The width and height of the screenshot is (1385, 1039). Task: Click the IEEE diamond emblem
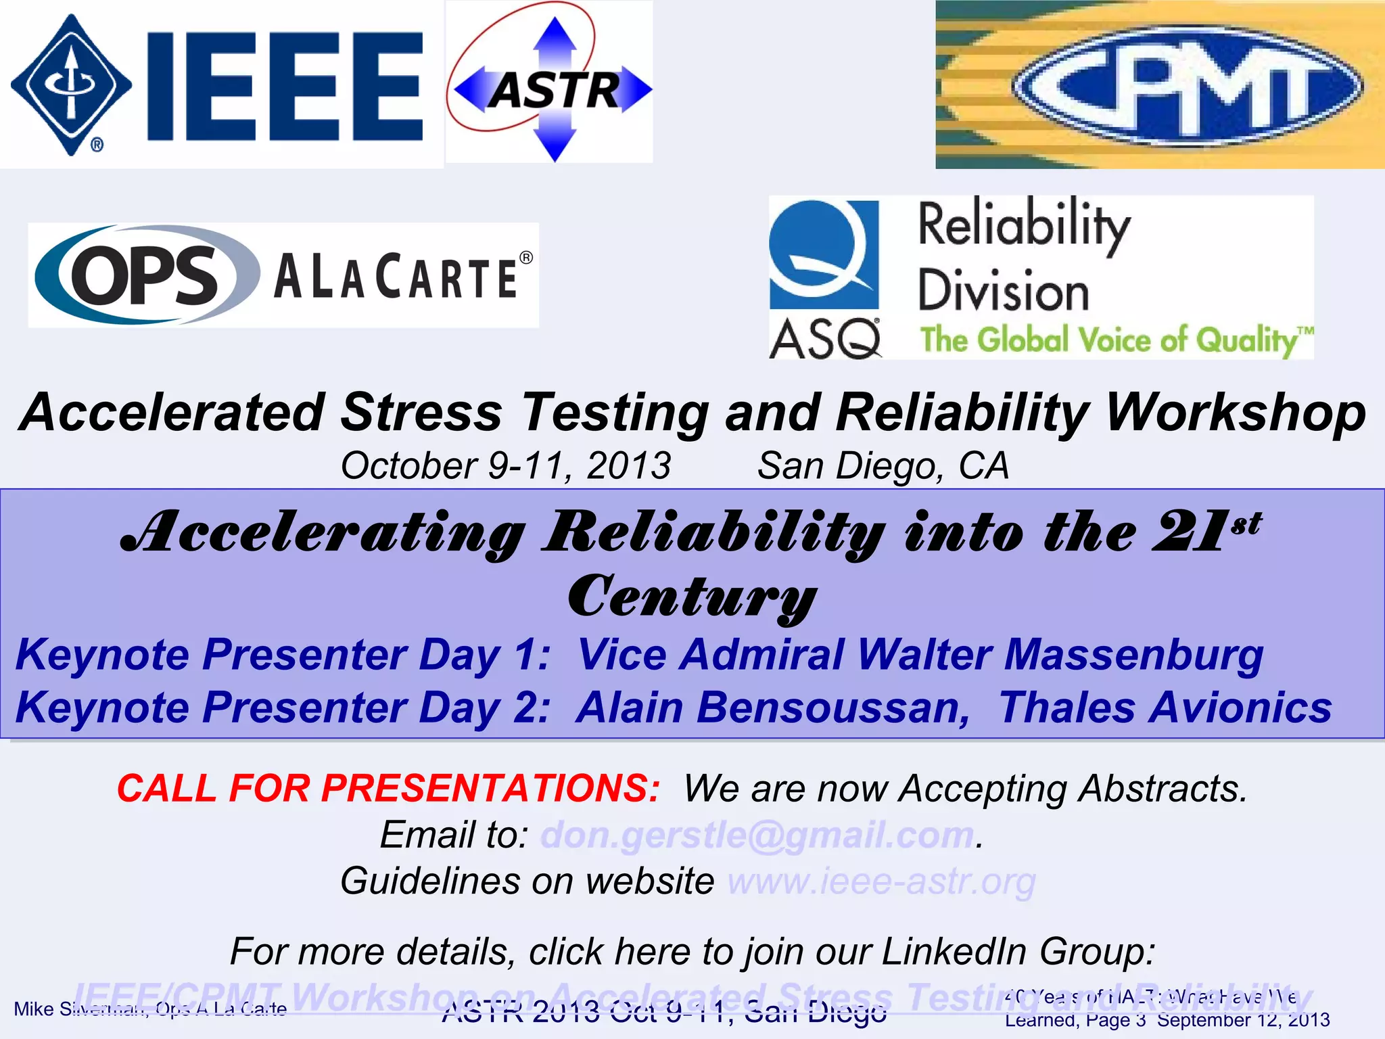71,85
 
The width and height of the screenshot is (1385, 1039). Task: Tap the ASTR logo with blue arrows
551,88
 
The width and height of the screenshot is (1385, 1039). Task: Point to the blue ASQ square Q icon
824,254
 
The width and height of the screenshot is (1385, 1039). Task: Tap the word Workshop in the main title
1235,413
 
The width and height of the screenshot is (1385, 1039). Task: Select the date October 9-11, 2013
505,466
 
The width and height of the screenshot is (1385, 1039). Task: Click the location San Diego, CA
883,466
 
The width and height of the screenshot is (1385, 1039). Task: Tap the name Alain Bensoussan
771,708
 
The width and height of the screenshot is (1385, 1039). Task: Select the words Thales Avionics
1165,708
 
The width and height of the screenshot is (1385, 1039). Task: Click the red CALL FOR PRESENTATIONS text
388,789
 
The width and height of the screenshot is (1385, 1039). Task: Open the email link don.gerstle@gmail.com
757,835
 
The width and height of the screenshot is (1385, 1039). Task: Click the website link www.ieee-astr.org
881,881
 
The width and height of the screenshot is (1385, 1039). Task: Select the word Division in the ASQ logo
1003,291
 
